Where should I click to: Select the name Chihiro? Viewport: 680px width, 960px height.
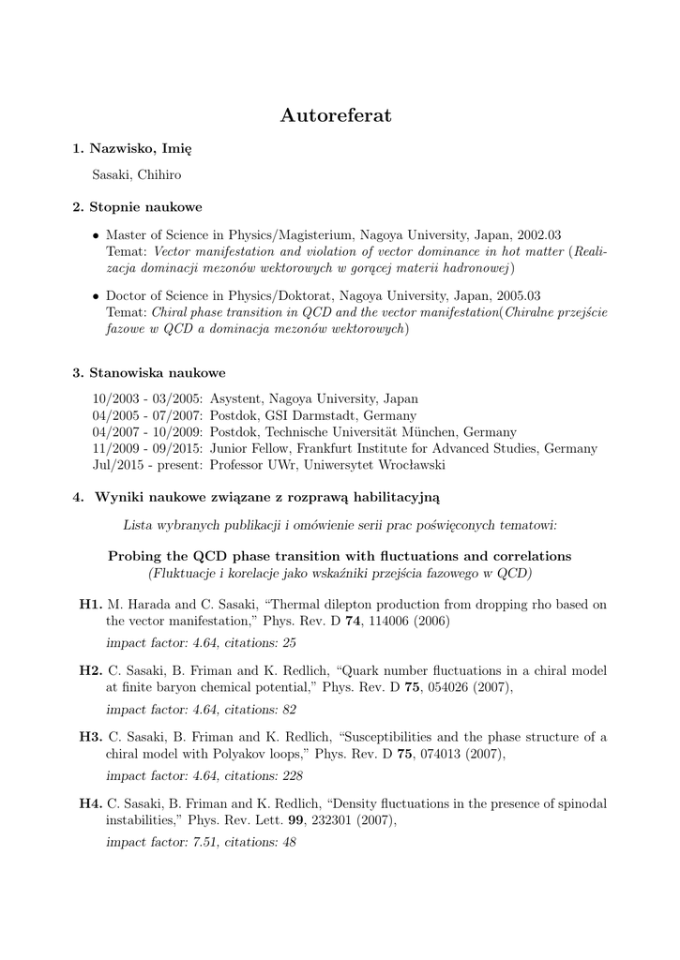tap(161, 174)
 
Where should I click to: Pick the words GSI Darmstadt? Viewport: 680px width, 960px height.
tap(306, 415)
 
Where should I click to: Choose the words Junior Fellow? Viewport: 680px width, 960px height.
tap(247, 449)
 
